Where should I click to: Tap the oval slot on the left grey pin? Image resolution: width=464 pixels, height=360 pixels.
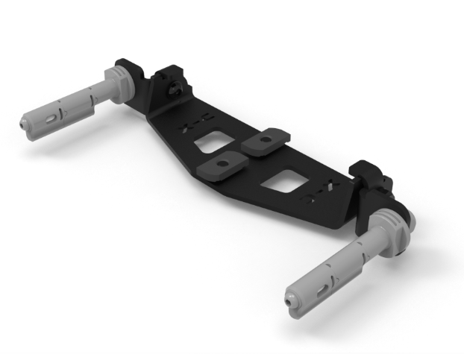pos(51,117)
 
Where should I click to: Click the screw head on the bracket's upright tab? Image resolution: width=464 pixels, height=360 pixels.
pos(173,89)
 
